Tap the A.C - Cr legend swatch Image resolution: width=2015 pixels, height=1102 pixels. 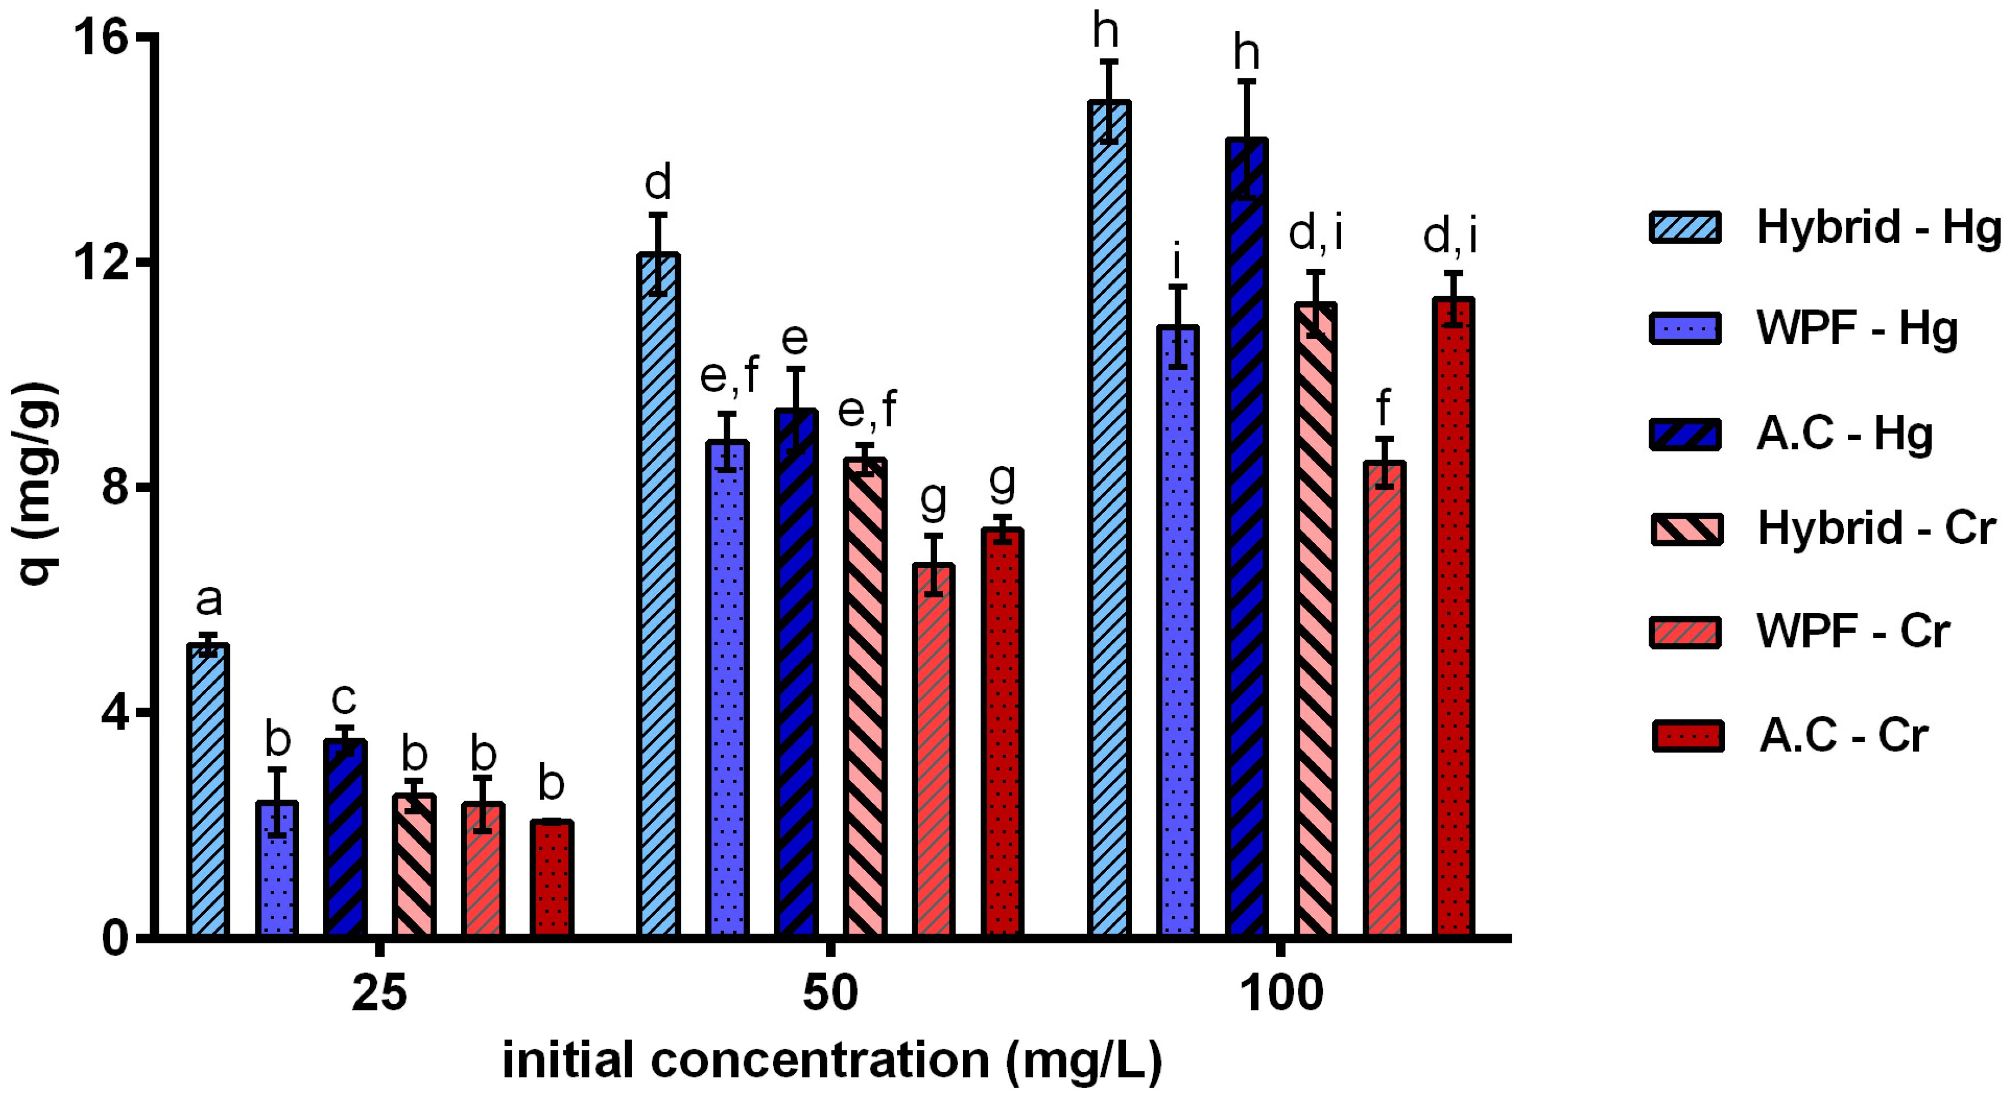click(x=1688, y=736)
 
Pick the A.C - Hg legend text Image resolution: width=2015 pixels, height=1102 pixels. click(x=1844, y=434)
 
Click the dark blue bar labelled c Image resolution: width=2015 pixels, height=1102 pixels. click(x=345, y=837)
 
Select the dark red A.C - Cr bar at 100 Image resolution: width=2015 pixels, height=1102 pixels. click(x=1453, y=618)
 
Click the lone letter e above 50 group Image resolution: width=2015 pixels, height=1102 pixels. click(x=795, y=339)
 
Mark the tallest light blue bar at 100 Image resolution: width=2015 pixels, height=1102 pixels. click(x=1109, y=516)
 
